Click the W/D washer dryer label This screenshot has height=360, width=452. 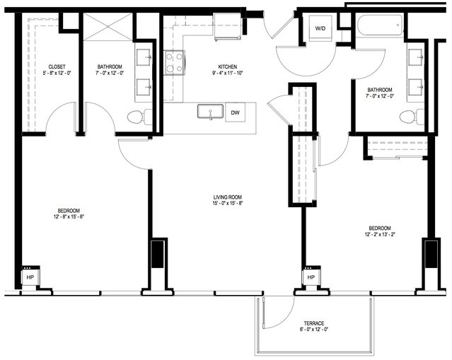point(320,28)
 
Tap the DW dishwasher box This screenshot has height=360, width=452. point(236,112)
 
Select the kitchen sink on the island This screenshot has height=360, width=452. point(210,111)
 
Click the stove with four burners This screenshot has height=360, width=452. point(175,62)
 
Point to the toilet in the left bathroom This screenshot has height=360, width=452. point(139,117)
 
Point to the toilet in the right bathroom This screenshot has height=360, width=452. point(412,117)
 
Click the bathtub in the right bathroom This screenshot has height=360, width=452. point(380,25)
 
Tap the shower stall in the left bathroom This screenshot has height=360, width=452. point(108,27)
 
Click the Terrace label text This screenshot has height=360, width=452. point(314,323)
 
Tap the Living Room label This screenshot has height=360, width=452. point(228,197)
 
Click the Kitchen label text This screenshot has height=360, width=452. point(228,67)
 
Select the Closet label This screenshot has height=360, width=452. point(57,67)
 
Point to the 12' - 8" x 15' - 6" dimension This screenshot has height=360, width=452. point(69,216)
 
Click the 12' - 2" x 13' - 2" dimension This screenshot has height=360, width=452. point(379,234)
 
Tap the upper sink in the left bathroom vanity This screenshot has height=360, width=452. point(144,57)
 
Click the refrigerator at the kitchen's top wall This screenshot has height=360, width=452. point(228,26)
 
